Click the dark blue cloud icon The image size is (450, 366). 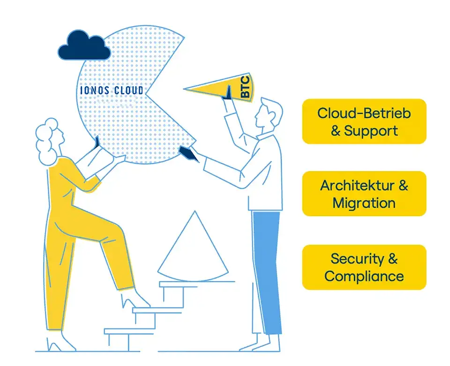pyautogui.click(x=84, y=45)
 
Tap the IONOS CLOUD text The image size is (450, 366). pyautogui.click(x=112, y=90)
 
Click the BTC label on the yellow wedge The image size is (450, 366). pyautogui.click(x=245, y=87)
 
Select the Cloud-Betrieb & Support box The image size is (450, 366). pyautogui.click(x=364, y=122)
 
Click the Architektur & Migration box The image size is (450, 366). pyautogui.click(x=364, y=194)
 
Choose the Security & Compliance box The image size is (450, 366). pyautogui.click(x=364, y=267)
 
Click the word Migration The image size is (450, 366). pyautogui.click(x=364, y=203)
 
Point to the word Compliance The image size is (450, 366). pyautogui.click(x=364, y=276)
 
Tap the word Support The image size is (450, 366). pyautogui.click(x=371, y=131)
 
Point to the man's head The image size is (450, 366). pyautogui.click(x=268, y=114)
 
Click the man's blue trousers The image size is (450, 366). pyautogui.click(x=267, y=272)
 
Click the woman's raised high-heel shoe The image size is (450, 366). pyautogui.click(x=135, y=300)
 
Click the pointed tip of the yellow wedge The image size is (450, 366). pyautogui.click(x=184, y=89)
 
